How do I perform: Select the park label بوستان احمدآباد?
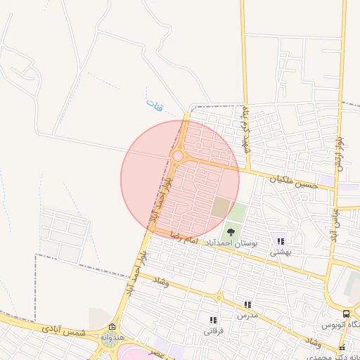tap(231, 243)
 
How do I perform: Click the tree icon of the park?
tap(230, 230)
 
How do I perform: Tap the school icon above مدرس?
tap(247, 305)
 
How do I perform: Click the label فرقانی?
tap(213, 330)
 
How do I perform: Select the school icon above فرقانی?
tap(213, 320)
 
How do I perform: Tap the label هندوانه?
tap(112, 337)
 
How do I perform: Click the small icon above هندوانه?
tap(112, 327)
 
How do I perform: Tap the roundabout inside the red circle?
tap(178, 155)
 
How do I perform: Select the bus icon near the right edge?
tap(346, 314)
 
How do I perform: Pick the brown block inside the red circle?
tap(221, 207)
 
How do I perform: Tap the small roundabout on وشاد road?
tap(219, 297)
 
